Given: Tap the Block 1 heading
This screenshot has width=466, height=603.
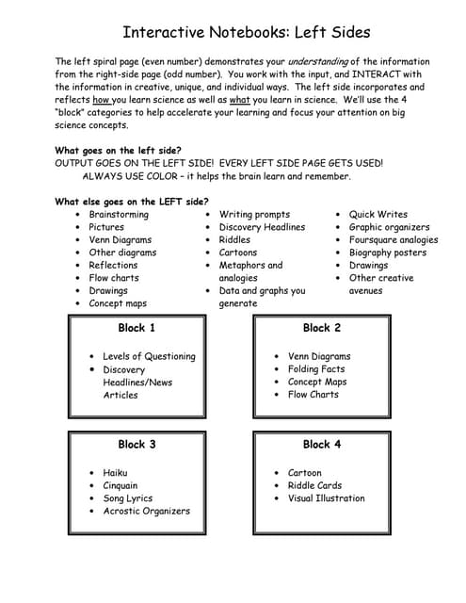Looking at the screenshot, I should click(x=137, y=328).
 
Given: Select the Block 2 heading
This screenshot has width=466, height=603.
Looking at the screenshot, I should click(x=322, y=328).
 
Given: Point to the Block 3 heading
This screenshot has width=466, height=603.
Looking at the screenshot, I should click(x=137, y=444).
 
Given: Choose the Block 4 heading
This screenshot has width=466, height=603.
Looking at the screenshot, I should click(x=322, y=444).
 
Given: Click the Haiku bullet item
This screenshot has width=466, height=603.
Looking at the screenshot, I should click(x=115, y=473).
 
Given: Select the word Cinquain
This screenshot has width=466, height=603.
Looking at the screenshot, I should click(x=121, y=486).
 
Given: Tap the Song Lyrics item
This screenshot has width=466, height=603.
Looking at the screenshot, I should click(x=127, y=498).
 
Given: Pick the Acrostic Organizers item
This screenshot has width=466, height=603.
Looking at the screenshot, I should click(x=146, y=512).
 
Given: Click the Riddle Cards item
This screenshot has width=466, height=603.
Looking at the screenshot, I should click(x=313, y=486).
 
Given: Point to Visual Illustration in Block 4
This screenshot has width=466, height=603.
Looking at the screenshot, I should click(x=326, y=498).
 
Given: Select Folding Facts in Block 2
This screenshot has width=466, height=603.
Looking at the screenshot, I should click(x=316, y=369).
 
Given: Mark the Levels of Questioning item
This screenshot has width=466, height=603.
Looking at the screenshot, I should click(x=149, y=356).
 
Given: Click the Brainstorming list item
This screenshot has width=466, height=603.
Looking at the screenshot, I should click(x=119, y=215).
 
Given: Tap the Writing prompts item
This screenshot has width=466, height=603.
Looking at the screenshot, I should click(x=254, y=215).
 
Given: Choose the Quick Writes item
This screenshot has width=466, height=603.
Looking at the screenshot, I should click(x=378, y=215).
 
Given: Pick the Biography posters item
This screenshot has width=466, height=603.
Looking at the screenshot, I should click(x=388, y=253).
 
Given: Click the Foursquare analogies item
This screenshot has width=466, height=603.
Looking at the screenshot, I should click(x=394, y=240).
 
